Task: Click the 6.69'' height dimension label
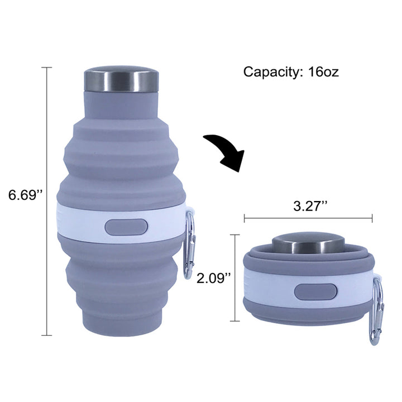tap(25, 195)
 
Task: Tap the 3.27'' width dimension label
tap(310, 206)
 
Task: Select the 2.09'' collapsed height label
tap(214, 278)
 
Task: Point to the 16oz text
tap(323, 72)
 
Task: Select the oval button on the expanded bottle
tap(126, 227)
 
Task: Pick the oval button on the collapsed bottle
tap(315, 292)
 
